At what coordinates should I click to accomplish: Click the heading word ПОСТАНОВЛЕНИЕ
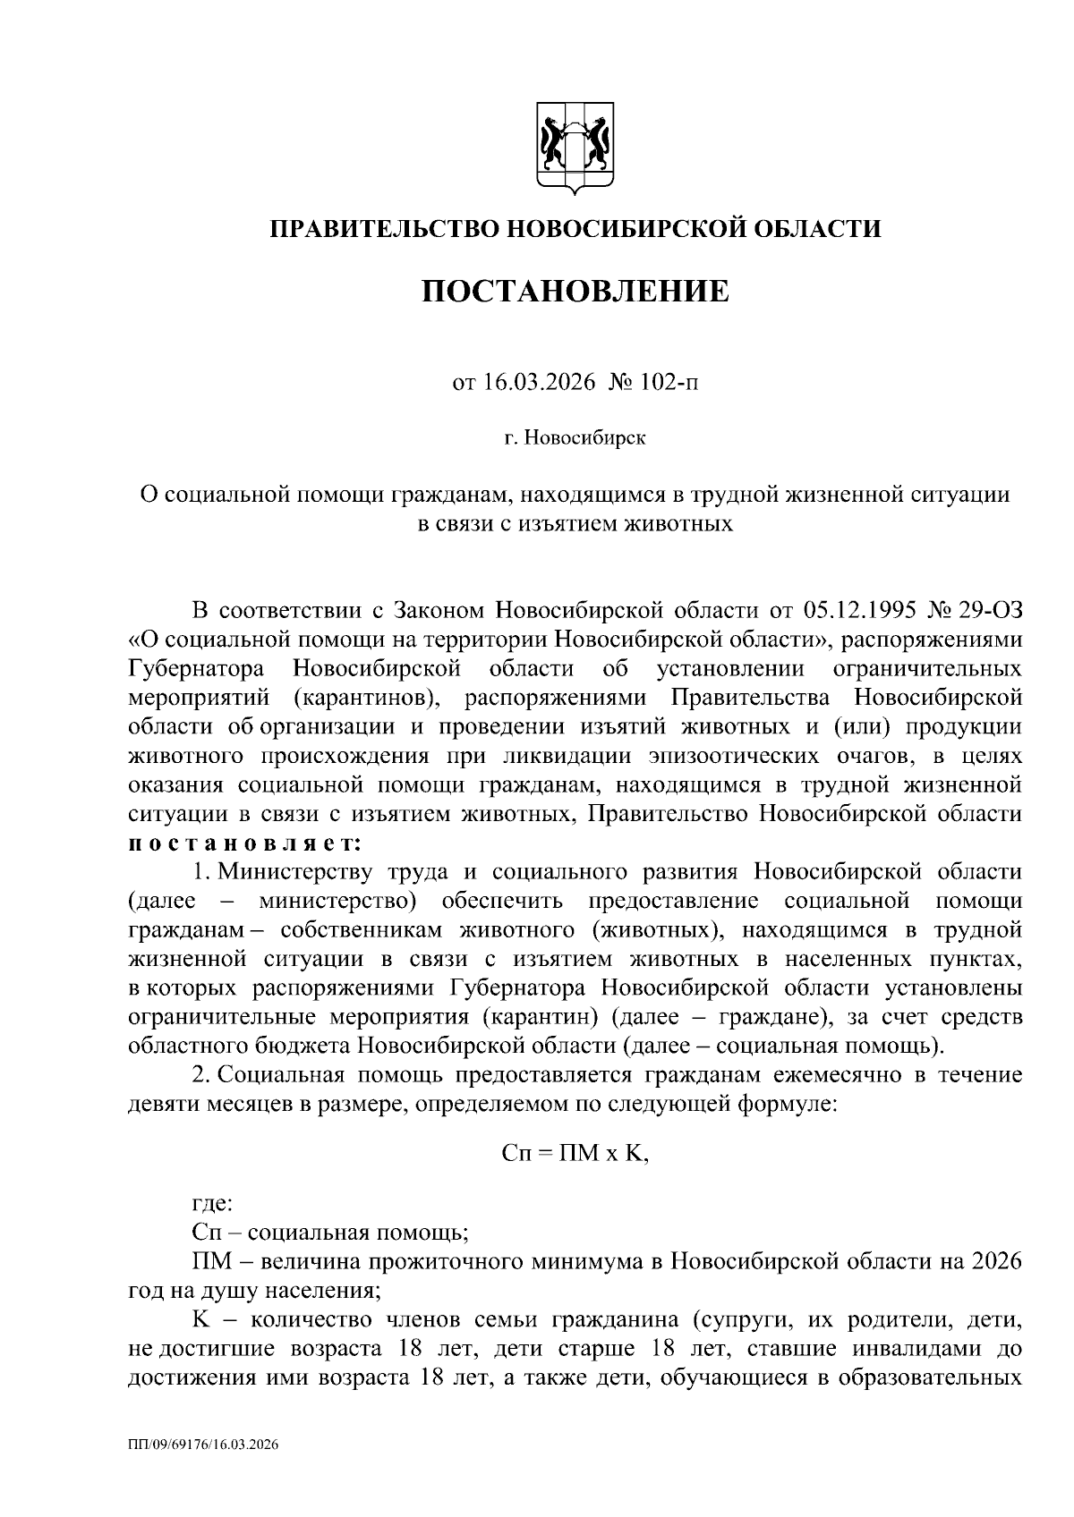(575, 292)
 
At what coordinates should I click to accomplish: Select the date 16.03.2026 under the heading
(526, 384)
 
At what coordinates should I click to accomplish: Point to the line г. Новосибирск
(575, 438)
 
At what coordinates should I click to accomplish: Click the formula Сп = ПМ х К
(575, 1153)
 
